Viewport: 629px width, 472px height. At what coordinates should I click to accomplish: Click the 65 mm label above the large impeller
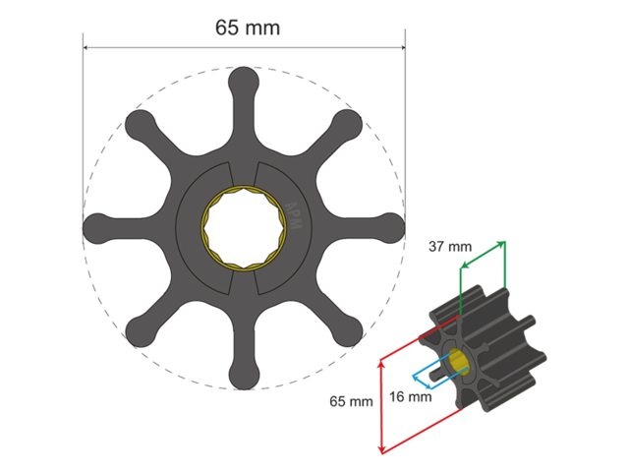[247, 27]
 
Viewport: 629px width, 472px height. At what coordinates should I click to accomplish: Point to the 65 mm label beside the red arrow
[351, 401]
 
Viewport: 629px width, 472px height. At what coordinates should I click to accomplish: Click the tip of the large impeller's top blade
[244, 79]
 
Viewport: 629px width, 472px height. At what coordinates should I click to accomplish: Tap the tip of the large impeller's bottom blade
[244, 379]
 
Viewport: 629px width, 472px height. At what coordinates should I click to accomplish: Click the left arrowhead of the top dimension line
[86, 46]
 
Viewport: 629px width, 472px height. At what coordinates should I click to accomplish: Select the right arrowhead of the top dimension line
[402, 46]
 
